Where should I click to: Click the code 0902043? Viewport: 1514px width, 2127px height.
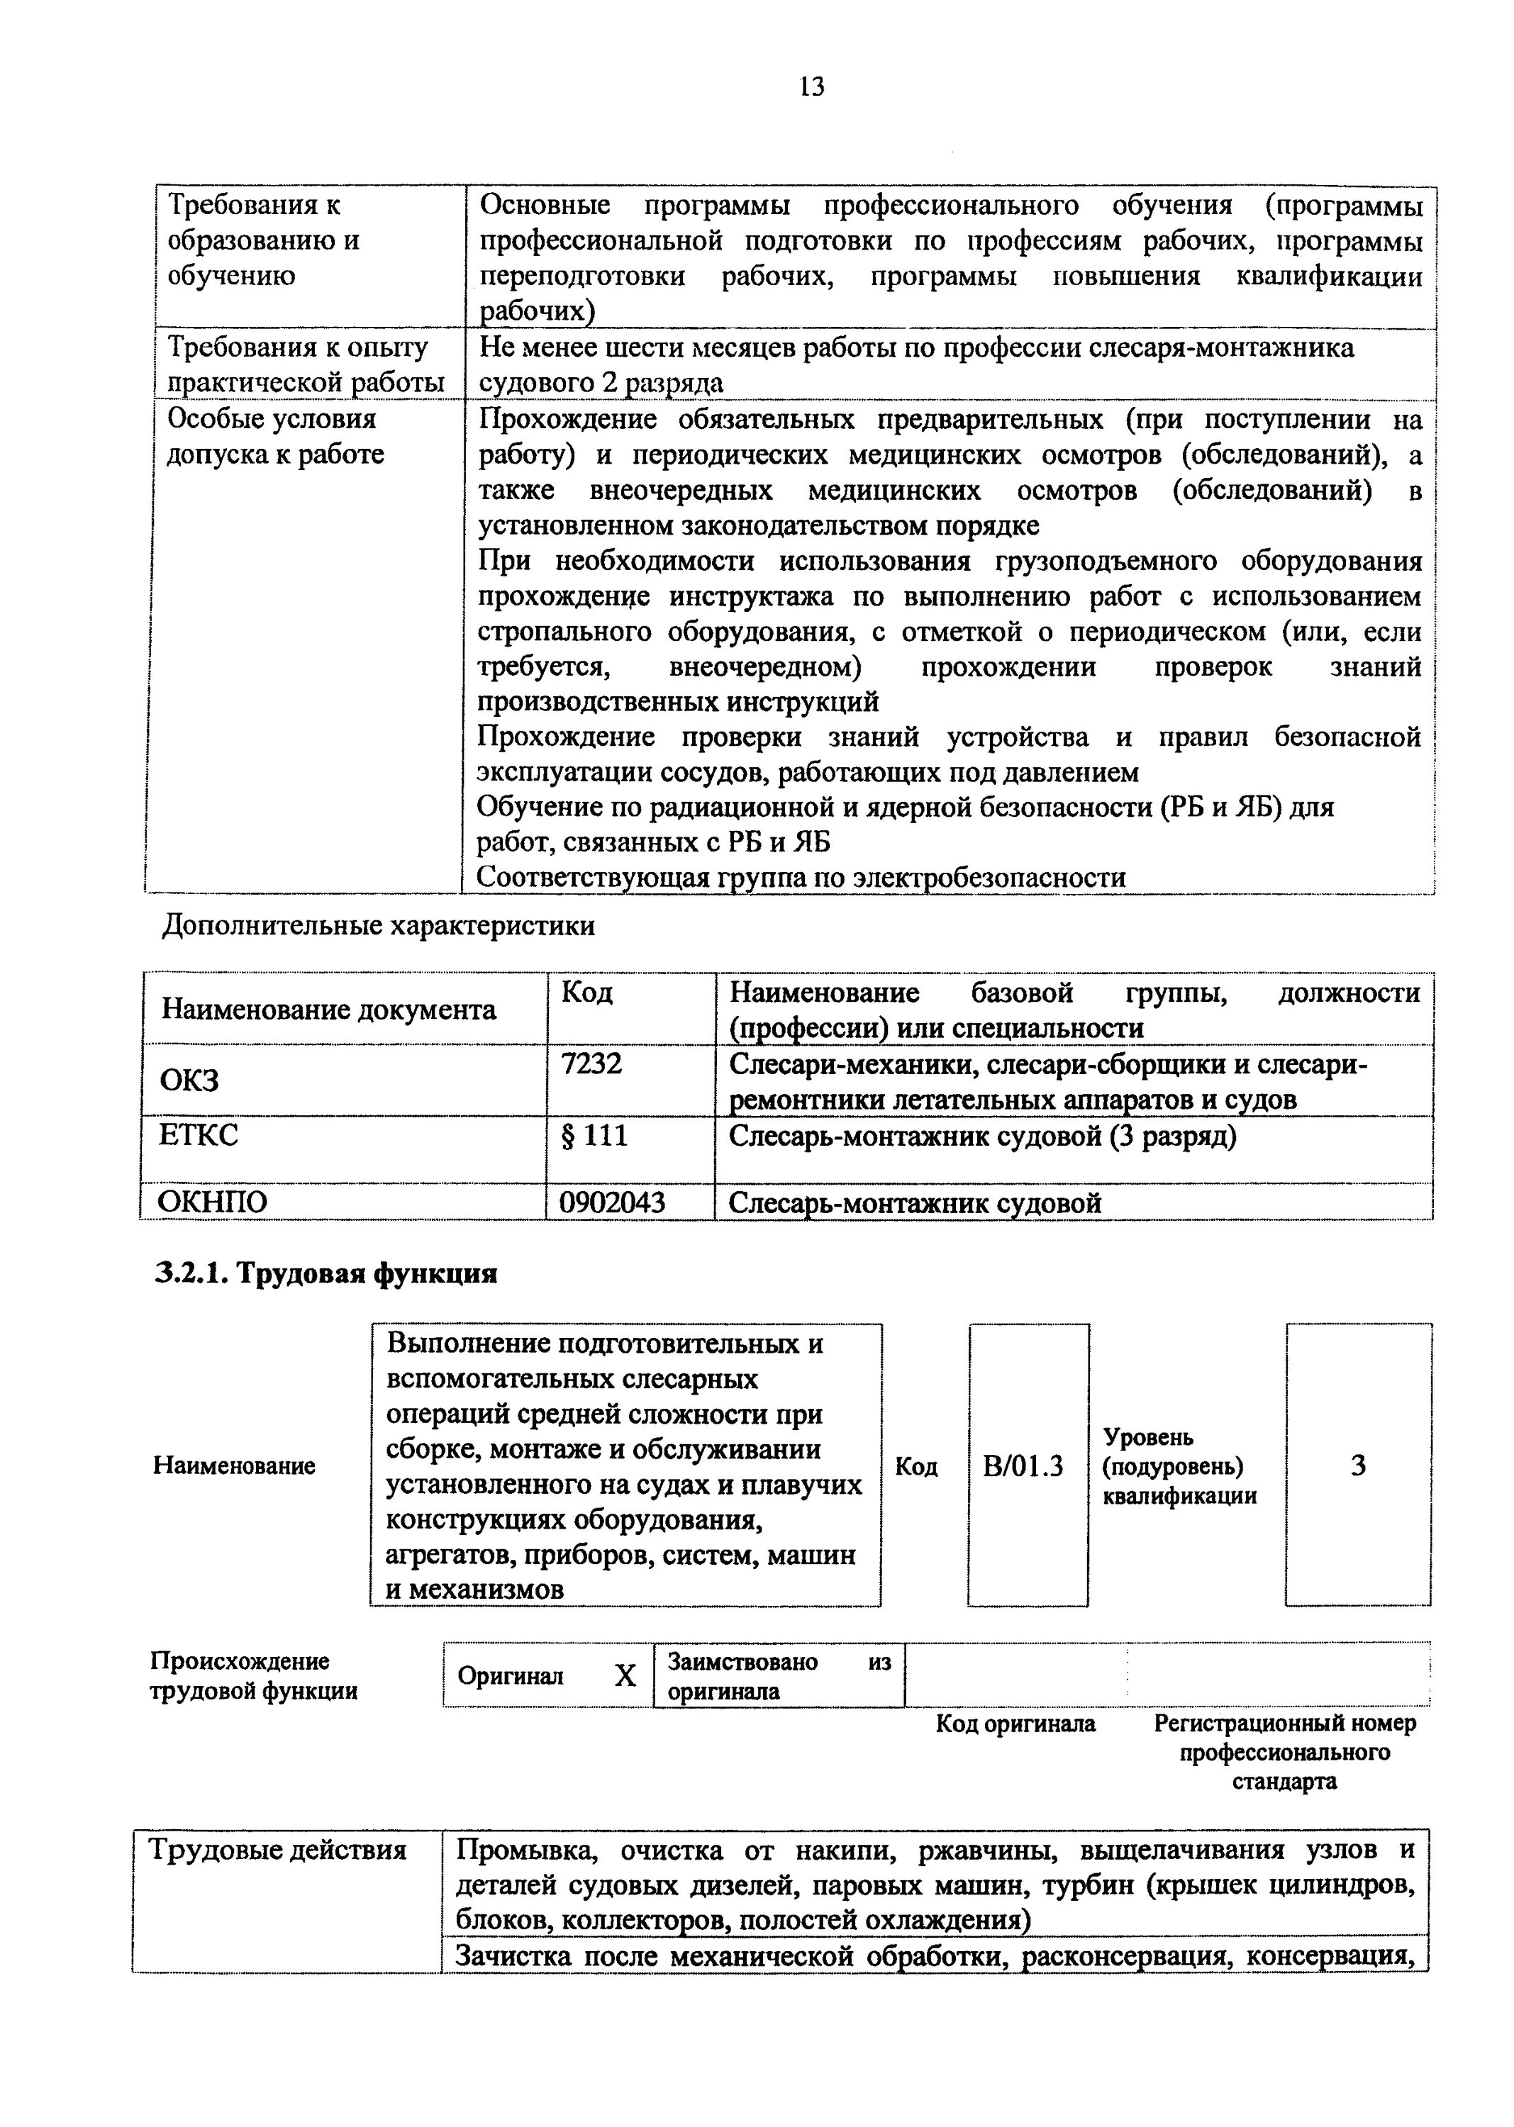[613, 1202]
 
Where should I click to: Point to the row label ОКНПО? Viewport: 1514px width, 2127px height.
[213, 1202]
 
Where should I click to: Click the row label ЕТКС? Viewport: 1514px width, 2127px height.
[199, 1135]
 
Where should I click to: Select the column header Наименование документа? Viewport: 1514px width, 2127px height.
[328, 1010]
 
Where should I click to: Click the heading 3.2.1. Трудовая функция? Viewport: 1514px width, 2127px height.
[325, 1273]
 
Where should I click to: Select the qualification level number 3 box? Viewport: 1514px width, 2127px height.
[1358, 1466]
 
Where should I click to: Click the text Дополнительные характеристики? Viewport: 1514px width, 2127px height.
[379, 925]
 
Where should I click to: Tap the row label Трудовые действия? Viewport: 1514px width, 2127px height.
[278, 1849]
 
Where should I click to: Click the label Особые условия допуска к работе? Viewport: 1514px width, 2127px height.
[275, 436]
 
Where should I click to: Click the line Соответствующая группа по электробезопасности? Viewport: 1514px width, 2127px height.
[801, 877]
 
